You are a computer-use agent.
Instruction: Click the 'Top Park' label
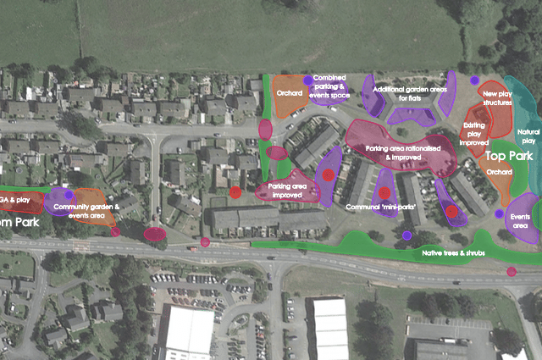point(507,157)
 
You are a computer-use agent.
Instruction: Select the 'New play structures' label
point(497,97)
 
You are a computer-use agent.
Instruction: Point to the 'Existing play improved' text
point(474,134)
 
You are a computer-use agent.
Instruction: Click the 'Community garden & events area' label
point(87,211)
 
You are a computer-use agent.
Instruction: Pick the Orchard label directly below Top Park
point(501,172)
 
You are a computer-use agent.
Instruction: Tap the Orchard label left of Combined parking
point(290,93)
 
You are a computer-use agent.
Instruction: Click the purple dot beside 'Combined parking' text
point(307,80)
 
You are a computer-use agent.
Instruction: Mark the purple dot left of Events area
point(499,213)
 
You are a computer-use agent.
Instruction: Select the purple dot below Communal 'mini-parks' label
point(406,235)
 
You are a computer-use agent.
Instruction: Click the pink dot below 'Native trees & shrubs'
point(512,272)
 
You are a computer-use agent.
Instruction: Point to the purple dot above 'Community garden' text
point(69,195)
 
